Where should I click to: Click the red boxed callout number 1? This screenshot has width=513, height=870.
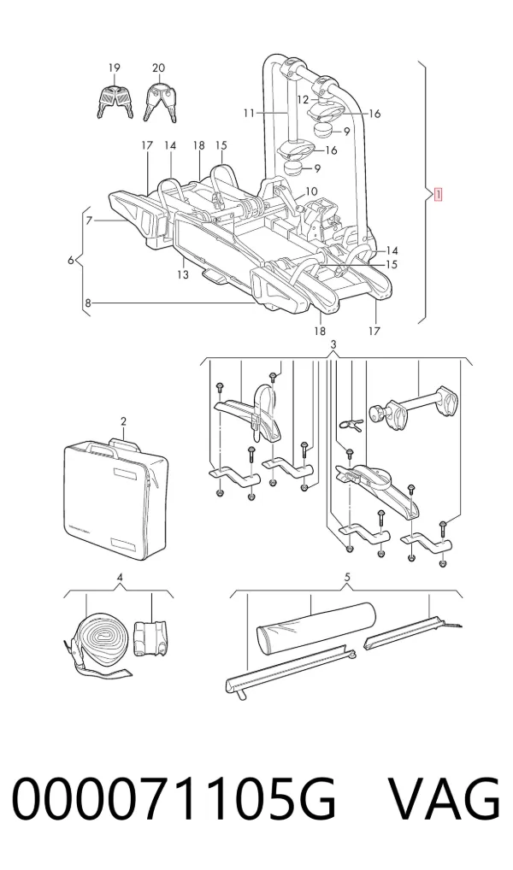[438, 195]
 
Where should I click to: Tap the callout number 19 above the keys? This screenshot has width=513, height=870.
[114, 68]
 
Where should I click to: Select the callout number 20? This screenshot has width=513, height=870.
[158, 68]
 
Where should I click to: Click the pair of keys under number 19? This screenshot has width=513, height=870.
[115, 101]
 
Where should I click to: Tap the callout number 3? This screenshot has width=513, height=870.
[333, 344]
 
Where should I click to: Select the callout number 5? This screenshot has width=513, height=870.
[347, 577]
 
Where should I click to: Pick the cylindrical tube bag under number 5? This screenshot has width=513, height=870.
[315, 627]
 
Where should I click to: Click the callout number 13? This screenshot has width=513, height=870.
[183, 274]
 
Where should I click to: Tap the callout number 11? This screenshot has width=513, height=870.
[248, 113]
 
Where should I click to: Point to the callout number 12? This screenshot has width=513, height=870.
[303, 100]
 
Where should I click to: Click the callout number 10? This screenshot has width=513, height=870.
[311, 191]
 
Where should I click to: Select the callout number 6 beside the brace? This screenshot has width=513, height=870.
[70, 260]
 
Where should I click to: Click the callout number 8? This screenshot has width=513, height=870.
[88, 303]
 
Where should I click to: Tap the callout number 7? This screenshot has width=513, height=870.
[89, 220]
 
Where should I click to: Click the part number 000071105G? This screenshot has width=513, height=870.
[174, 800]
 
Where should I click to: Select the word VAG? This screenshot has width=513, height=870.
[444, 800]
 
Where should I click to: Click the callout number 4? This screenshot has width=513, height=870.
[120, 577]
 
